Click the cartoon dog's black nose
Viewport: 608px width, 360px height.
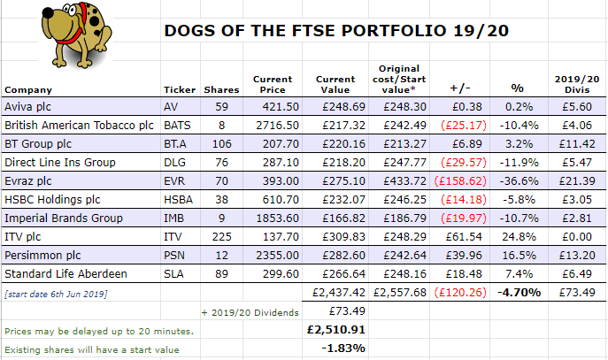[48, 13]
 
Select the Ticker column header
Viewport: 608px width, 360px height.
[180, 90]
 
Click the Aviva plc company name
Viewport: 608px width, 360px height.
[27, 106]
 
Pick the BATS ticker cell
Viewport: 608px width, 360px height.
[177, 126]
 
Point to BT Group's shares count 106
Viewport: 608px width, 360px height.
[222, 144]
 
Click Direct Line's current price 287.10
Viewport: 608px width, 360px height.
[281, 163]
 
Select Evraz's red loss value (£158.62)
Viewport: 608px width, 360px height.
[460, 181]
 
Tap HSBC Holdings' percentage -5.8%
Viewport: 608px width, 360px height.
[519, 200]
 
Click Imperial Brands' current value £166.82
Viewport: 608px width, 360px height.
[343, 218]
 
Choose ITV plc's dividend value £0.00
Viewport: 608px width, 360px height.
[577, 237]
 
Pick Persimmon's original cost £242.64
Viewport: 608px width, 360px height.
[404, 256]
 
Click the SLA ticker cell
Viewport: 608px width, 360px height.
[173, 274]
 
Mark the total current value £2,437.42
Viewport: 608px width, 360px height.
[339, 292]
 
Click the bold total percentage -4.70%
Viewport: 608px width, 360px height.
[519, 292]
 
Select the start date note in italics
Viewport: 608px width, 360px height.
[56, 295]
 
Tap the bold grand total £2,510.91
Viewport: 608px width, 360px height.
[335, 330]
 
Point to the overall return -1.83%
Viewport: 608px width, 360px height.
[343, 349]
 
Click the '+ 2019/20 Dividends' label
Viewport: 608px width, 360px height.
[250, 313]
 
